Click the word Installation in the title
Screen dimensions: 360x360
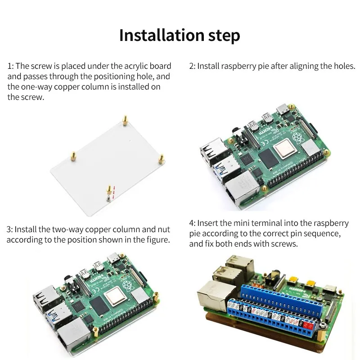(162, 35)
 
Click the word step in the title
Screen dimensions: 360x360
(224, 36)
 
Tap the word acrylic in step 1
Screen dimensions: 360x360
(136, 66)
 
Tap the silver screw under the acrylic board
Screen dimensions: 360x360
(108, 198)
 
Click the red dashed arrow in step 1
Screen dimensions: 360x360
(113, 193)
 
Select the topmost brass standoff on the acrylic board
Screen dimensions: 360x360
(125, 120)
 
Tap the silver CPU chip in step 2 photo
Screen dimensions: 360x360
(284, 149)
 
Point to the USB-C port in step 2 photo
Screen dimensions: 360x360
(283, 109)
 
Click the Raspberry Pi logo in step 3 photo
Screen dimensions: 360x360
(127, 285)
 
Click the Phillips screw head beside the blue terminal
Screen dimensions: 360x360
(323, 325)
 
